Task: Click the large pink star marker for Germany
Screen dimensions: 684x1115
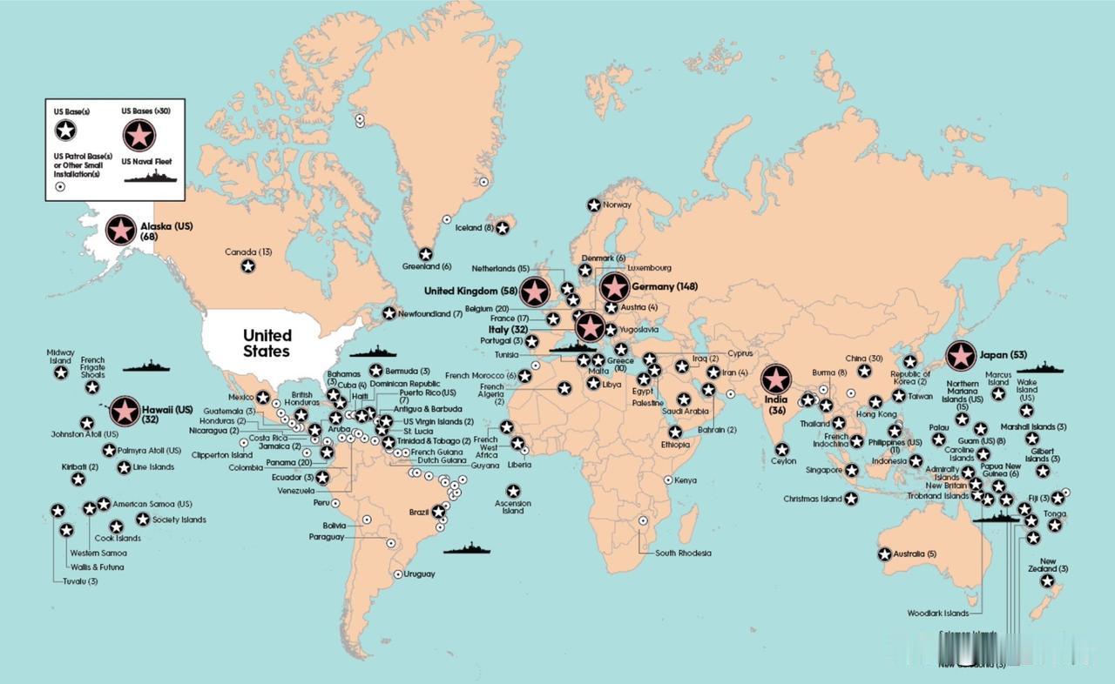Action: (615, 287)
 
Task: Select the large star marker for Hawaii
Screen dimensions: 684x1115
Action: (125, 411)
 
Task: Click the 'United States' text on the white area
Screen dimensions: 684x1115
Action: (267, 343)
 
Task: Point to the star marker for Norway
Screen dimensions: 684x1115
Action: (593, 205)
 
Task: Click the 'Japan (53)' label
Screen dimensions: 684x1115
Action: (1003, 355)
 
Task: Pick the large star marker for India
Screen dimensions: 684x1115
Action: (775, 379)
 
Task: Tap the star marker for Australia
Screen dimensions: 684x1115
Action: (884, 554)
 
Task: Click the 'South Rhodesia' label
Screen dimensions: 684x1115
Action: (683, 553)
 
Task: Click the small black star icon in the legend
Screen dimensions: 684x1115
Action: (65, 131)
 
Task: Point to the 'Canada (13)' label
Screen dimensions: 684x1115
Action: (248, 252)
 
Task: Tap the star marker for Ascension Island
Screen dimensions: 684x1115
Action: (513, 491)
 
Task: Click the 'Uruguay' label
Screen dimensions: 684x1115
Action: (419, 574)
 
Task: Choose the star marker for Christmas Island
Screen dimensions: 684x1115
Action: (851, 499)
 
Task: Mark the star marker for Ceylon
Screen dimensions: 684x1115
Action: (782, 450)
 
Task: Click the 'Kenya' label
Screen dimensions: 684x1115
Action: (686, 480)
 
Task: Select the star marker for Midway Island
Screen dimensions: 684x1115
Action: (61, 372)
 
